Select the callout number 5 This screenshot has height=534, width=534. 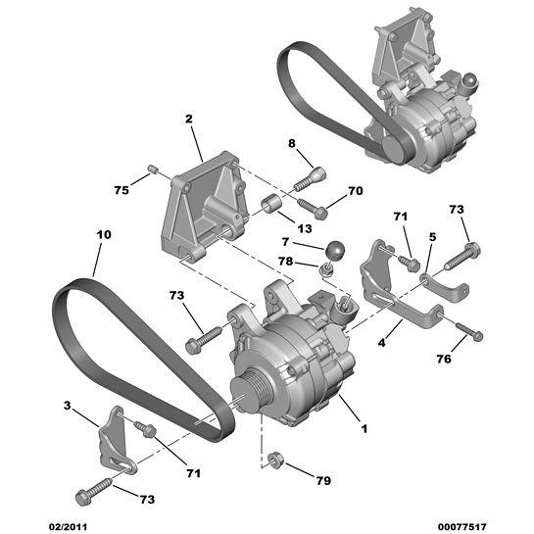click(x=431, y=237)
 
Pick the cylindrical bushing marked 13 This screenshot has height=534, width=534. click(x=271, y=206)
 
